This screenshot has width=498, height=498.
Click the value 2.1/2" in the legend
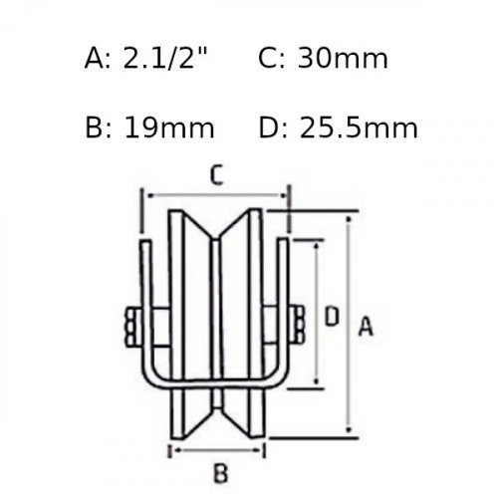point(165,58)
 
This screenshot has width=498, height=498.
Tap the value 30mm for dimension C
point(343,58)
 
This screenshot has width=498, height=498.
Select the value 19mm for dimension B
point(169,127)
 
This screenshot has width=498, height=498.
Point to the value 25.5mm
point(359,127)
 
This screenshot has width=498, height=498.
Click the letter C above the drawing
point(216,176)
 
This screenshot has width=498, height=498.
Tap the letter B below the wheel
point(221,472)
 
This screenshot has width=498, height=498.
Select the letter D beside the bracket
point(332,316)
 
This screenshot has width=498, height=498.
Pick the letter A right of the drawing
point(366,326)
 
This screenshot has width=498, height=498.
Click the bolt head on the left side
point(133,328)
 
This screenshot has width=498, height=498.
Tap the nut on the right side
point(298,324)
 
